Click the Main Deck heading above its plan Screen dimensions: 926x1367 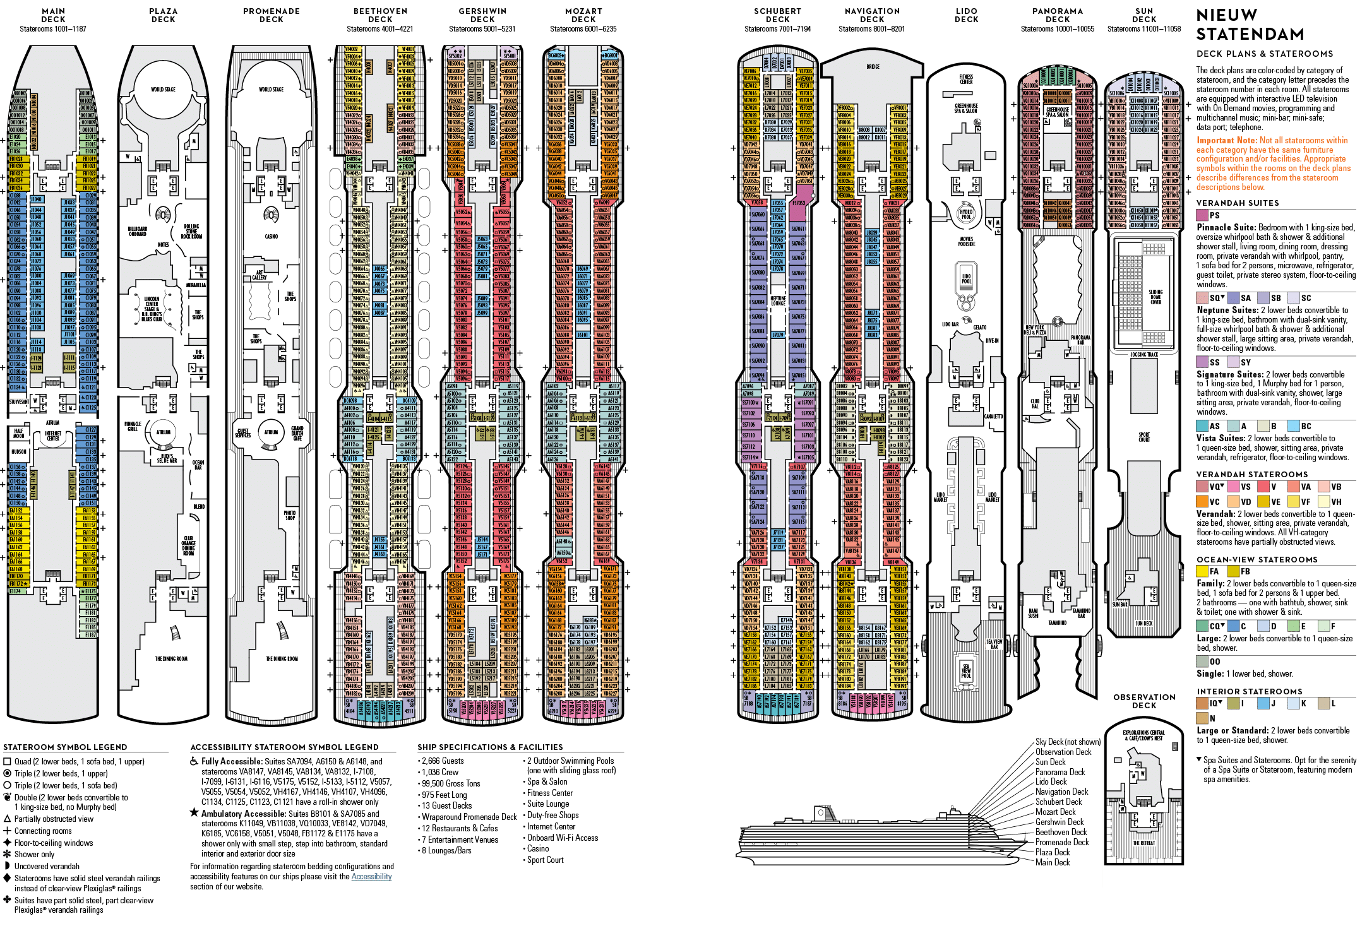coord(53,15)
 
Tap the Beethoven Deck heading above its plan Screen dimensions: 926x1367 coord(380,15)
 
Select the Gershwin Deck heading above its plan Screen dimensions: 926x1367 coord(482,15)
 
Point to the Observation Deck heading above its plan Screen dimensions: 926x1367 coord(1144,701)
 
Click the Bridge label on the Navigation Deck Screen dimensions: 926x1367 coord(873,66)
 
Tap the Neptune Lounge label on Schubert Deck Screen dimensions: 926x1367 coord(778,300)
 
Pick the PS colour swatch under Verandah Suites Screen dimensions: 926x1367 coord(1202,215)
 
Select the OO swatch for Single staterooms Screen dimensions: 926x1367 coord(1202,662)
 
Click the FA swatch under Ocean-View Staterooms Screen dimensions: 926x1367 coord(1202,571)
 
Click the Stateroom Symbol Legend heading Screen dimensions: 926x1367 coord(65,747)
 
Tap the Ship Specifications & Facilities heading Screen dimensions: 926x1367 coord(489,747)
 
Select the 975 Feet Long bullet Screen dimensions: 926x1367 coord(445,795)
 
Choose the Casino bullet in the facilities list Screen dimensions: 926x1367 coord(537,848)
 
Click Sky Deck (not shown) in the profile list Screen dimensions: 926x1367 coord(1068,742)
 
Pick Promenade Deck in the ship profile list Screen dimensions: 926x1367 coord(1062,842)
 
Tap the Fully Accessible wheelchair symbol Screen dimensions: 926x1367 coord(194,761)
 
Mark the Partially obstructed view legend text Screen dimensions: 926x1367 coord(54,819)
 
